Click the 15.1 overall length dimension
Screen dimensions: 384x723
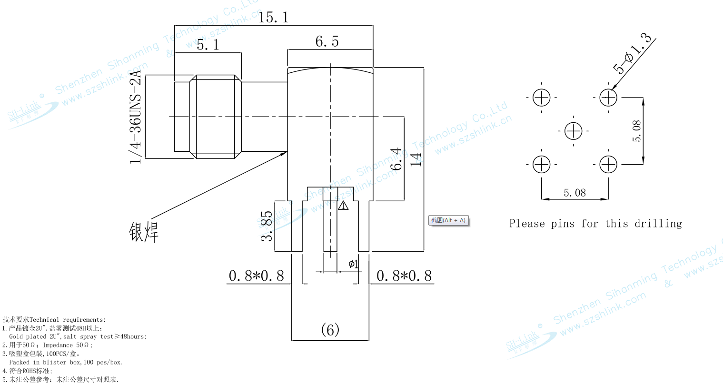point(273,18)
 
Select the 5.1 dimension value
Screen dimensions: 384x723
point(208,45)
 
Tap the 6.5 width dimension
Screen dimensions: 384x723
point(327,41)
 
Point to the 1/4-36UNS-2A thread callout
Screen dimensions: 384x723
point(136,117)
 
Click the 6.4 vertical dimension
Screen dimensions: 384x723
point(396,159)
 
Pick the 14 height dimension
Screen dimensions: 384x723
point(416,159)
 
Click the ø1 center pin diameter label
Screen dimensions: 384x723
point(353,264)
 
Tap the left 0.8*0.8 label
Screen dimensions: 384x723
point(256,276)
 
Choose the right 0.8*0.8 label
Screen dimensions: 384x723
point(404,276)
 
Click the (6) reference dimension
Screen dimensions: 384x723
point(330,329)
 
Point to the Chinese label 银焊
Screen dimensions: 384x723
point(143,231)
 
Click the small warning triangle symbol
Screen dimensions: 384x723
point(343,206)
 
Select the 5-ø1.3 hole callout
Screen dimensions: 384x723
point(633,53)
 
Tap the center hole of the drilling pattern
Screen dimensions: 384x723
point(574,131)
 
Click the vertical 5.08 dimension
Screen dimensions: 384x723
point(637,131)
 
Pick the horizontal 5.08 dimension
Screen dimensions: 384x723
point(574,193)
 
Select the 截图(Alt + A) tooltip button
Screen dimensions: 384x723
point(448,220)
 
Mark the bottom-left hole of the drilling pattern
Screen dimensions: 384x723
point(542,165)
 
